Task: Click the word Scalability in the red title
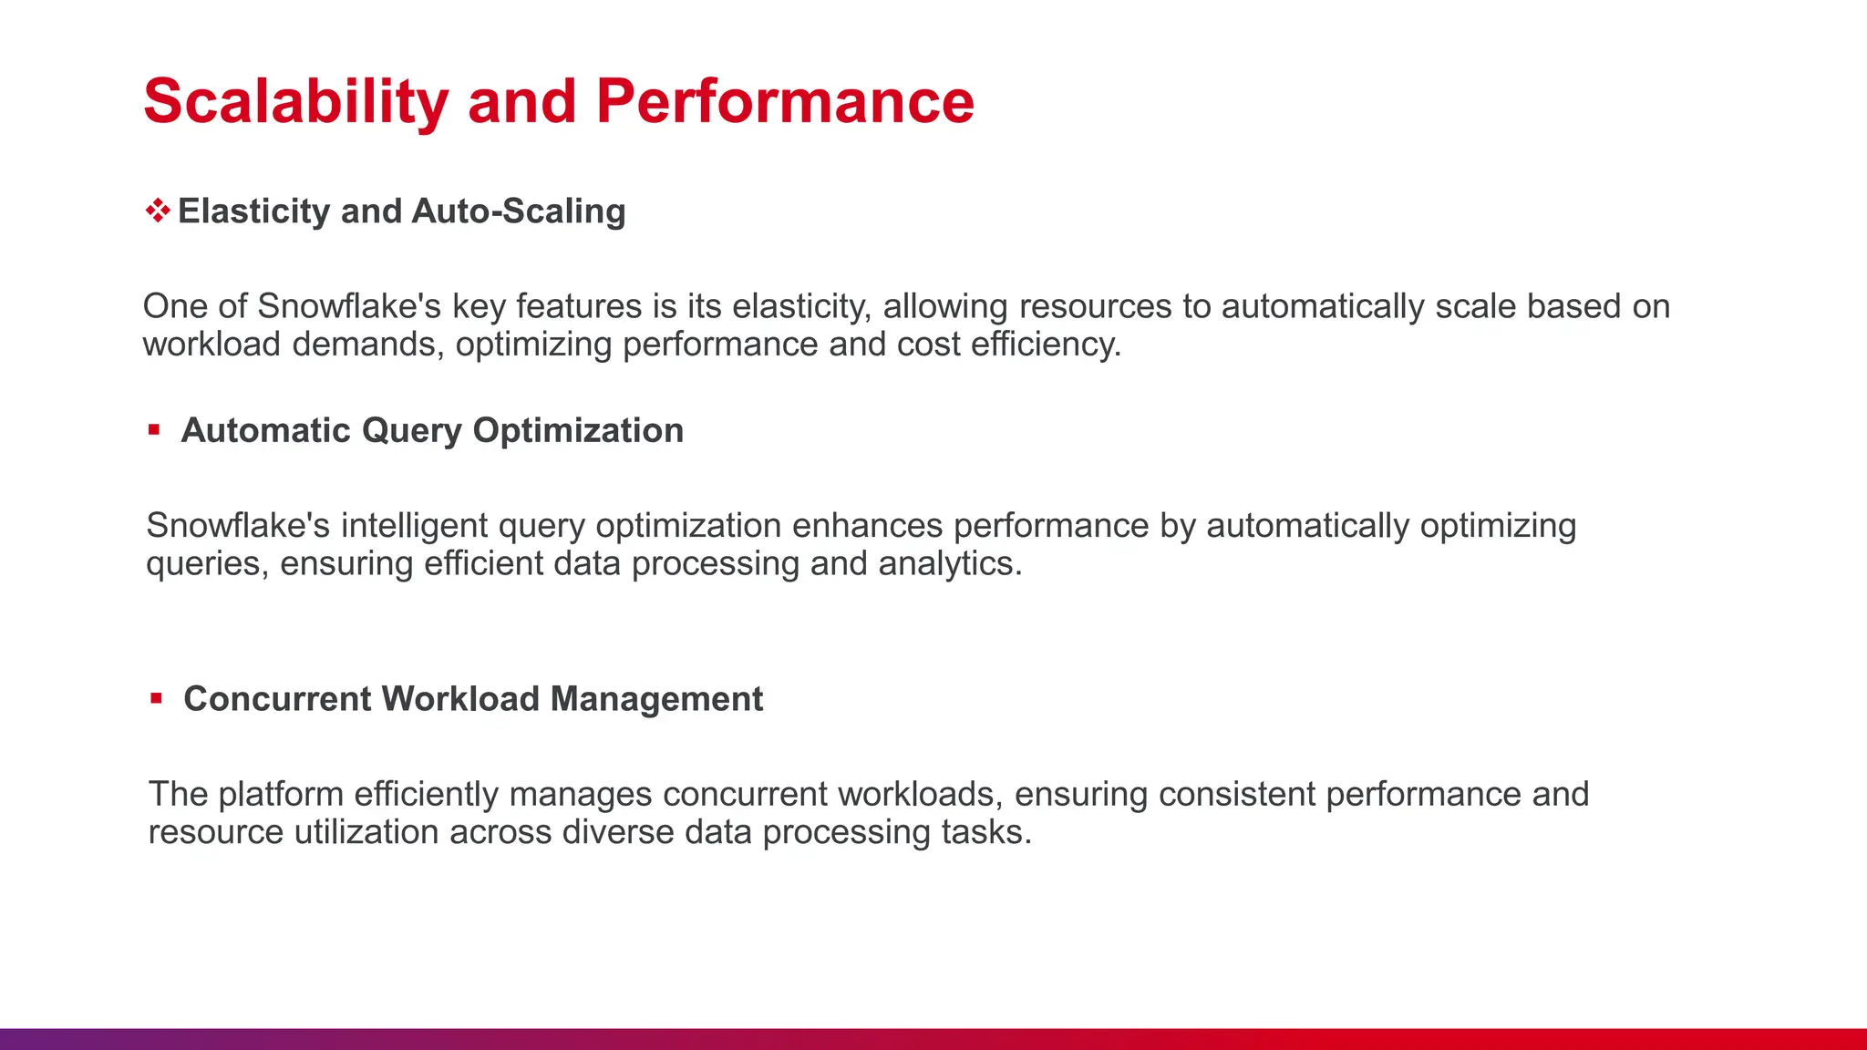(x=295, y=101)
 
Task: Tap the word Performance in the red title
(x=785, y=101)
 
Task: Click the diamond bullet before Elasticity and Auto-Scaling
(x=158, y=211)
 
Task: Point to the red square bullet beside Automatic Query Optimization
(x=154, y=430)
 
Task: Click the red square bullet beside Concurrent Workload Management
(x=156, y=699)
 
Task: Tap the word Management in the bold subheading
(x=656, y=699)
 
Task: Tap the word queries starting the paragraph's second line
(x=207, y=564)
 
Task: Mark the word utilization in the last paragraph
(x=366, y=833)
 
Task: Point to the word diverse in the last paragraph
(x=617, y=833)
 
